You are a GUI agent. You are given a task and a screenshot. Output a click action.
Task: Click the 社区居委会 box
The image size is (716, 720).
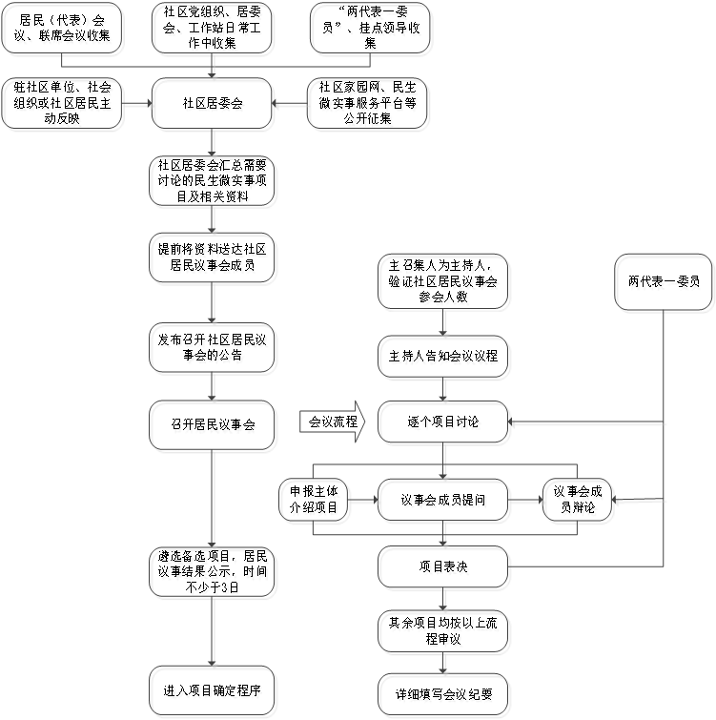pos(212,103)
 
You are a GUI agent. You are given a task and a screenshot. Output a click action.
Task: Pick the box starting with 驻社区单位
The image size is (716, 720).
pos(63,103)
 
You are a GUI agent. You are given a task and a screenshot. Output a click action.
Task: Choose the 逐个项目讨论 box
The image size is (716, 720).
pos(442,422)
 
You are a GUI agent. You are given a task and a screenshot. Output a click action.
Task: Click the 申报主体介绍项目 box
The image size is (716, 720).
pos(313,499)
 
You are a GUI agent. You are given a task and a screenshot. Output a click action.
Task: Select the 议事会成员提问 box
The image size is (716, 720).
pos(442,499)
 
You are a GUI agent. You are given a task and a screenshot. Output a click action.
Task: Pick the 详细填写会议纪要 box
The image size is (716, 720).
pos(442,693)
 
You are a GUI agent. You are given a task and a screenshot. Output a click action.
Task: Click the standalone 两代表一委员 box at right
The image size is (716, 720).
pos(664,281)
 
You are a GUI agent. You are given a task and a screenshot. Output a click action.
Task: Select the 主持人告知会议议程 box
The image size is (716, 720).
pos(442,357)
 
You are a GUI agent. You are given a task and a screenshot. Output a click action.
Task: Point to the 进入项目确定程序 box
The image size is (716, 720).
pos(212,689)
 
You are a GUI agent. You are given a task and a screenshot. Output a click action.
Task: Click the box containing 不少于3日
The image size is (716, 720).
pos(212,571)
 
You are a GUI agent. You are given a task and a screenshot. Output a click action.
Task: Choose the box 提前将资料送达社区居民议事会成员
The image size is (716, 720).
pos(212,257)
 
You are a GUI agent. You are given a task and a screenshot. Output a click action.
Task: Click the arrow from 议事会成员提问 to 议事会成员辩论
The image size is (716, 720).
pos(524,499)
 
